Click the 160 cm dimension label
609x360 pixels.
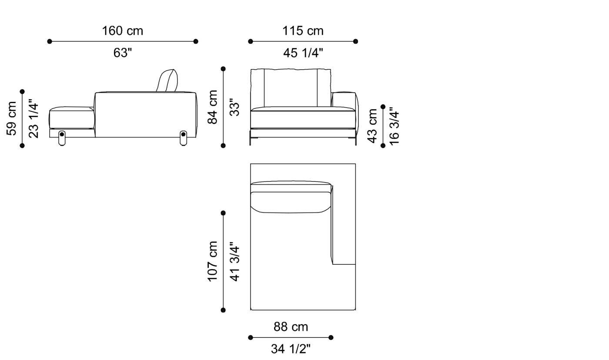pos(122,31)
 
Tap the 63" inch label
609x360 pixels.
pos(122,53)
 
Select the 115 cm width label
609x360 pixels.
pos(303,31)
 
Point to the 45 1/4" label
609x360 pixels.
pos(303,53)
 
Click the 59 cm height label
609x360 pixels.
pos(12,118)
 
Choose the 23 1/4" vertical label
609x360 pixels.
pos(33,118)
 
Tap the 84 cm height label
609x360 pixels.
pos(212,107)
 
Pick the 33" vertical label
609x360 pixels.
pos(234,107)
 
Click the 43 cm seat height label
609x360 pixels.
pos(372,126)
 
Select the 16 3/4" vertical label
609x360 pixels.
pos(394,126)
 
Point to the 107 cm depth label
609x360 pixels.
pos(212,261)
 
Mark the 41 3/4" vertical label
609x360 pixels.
pos(234,261)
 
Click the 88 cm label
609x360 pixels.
pos(291,327)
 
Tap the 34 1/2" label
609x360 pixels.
pos(291,349)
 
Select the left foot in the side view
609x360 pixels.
pos(62,138)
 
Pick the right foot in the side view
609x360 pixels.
pos(183,138)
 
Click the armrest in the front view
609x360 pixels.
pos(344,99)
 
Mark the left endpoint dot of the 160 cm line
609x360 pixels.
pos(50,41)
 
